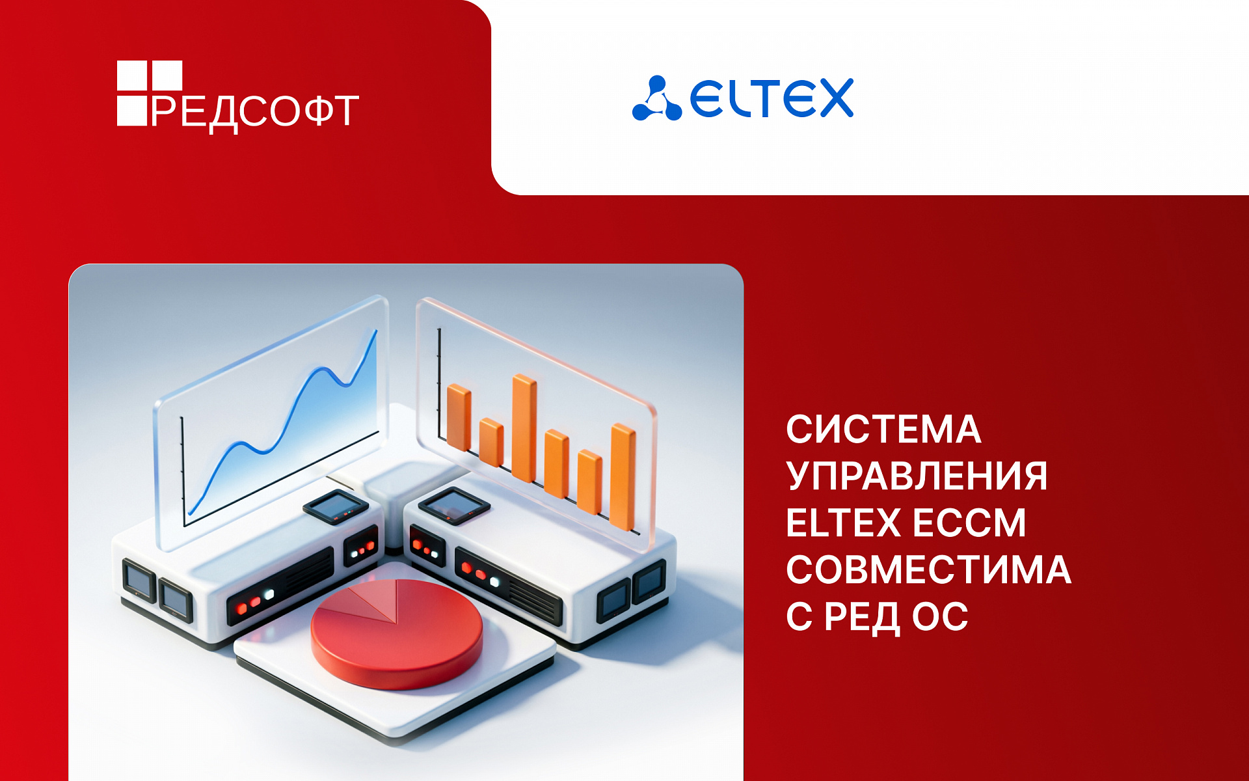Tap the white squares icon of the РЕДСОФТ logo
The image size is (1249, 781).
[x=149, y=92]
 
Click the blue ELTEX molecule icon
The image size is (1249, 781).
[x=656, y=100]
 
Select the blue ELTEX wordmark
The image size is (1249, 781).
[x=772, y=99]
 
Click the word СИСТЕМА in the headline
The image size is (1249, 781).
[x=883, y=430]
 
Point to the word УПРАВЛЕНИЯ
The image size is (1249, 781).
[x=916, y=476]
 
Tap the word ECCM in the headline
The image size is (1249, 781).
[x=969, y=523]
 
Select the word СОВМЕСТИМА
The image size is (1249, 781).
[x=928, y=570]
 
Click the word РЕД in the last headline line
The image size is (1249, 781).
[x=861, y=617]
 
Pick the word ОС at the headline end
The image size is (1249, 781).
[x=940, y=617]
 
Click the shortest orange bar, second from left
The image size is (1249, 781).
[x=491, y=443]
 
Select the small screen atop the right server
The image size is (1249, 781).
[x=453, y=504]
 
